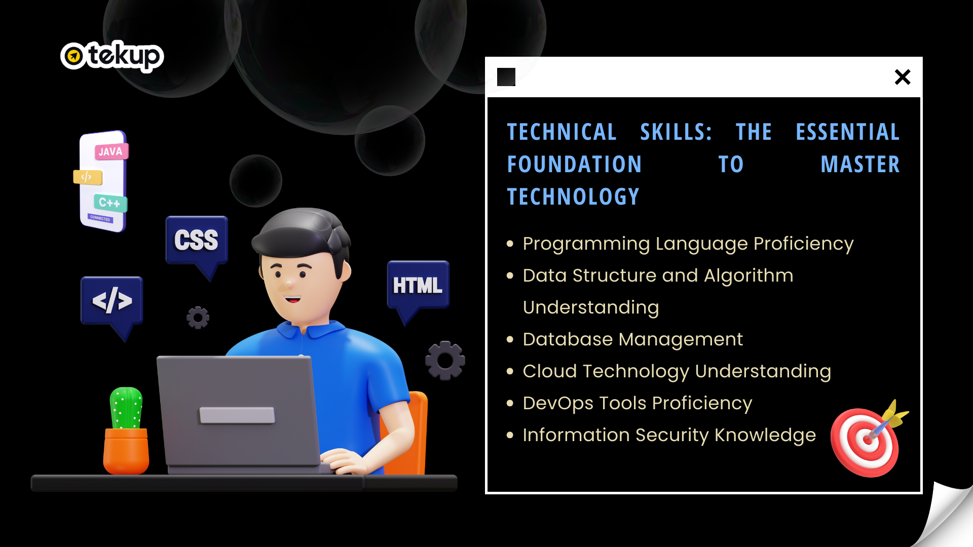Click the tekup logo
[112, 56]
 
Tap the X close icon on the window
[903, 77]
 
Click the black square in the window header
[506, 77]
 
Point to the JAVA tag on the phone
[111, 151]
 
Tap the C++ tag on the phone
[110, 203]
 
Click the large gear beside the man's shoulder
[445, 361]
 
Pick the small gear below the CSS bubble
[198, 318]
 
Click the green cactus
[126, 408]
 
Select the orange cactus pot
[126, 451]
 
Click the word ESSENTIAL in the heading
[848, 132]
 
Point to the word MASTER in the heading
[860, 165]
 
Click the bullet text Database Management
[633, 339]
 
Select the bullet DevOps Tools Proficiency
[638, 404]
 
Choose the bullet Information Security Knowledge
[669, 436]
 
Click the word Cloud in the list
[550, 371]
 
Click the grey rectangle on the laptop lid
[237, 415]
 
